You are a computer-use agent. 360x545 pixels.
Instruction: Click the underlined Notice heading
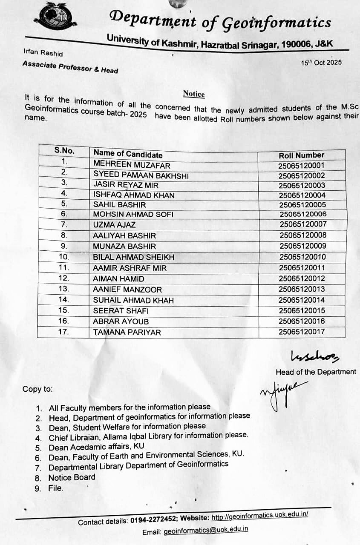194,94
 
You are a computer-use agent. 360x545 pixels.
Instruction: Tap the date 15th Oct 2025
321,63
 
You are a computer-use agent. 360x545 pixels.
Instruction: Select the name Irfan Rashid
43,53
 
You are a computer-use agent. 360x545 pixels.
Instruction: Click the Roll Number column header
302,155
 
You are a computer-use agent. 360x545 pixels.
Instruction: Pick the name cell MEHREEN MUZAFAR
132,165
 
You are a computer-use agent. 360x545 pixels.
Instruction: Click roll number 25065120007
303,224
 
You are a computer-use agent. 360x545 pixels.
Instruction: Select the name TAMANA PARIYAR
127,332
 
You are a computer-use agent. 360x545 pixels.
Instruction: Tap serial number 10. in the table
63,257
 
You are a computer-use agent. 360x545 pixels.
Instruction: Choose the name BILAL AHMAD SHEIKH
133,257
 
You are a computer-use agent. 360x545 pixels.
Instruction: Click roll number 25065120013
302,289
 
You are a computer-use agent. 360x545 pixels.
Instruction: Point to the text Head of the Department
316,372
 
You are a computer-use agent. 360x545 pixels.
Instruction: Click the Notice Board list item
72,478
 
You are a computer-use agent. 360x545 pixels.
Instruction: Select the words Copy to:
38,389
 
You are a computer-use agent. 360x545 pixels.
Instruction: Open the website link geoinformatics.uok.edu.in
260,516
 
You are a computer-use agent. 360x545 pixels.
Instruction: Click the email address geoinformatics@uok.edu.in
205,531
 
